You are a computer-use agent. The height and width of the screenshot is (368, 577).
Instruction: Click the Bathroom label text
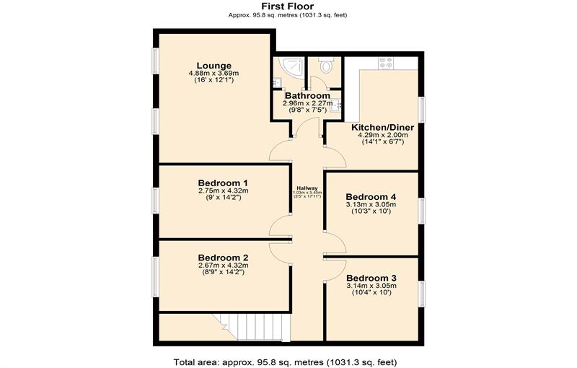pos(307,95)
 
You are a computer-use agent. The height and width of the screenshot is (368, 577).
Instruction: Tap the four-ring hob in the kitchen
pos(387,63)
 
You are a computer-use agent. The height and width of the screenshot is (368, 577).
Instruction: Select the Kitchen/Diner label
pos(383,126)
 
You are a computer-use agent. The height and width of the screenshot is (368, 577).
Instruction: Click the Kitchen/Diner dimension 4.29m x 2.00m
pos(383,134)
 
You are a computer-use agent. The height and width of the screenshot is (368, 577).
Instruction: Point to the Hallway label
pos(307,188)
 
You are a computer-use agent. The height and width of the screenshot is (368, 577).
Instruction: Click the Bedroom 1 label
pos(223,183)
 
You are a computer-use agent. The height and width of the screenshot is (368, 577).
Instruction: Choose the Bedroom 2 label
pos(223,258)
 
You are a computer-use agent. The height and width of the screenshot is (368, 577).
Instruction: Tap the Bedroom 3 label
pos(371,278)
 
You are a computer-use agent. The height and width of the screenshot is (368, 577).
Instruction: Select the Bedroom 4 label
pos(371,196)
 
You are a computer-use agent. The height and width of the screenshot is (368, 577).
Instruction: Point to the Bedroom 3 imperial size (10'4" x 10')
pos(371,293)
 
